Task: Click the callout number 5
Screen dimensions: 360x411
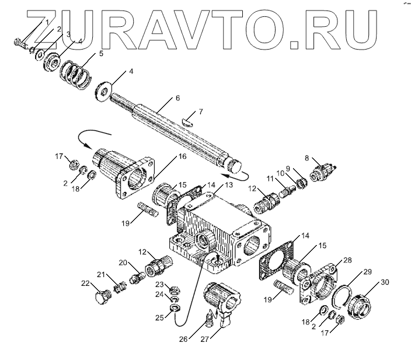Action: point(101,53)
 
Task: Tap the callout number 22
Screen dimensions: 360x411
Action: point(85,284)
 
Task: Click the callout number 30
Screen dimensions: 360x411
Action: point(384,282)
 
